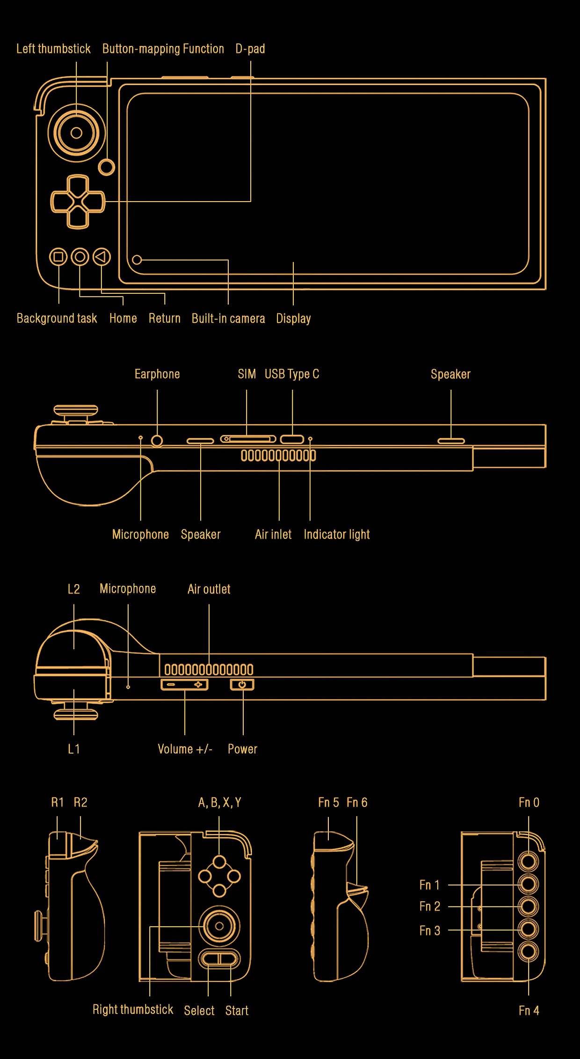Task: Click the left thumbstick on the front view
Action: click(x=76, y=133)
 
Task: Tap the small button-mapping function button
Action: click(x=107, y=167)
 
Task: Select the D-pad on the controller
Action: click(x=78, y=202)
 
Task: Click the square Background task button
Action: click(x=58, y=257)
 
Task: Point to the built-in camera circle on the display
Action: click(x=137, y=260)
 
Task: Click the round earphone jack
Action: click(x=157, y=440)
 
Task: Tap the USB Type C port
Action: click(x=292, y=439)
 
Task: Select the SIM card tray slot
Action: click(x=248, y=439)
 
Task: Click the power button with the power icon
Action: click(x=242, y=685)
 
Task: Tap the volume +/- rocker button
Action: click(x=185, y=685)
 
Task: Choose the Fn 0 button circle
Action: click(x=529, y=861)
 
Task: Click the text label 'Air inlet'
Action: click(x=273, y=534)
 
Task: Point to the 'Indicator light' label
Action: click(x=337, y=534)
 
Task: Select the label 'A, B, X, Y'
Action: click(x=219, y=803)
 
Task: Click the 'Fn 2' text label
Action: click(x=430, y=907)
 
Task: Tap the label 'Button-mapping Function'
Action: click(x=163, y=49)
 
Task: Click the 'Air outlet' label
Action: click(x=209, y=589)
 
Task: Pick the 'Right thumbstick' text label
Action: click(x=133, y=1009)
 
